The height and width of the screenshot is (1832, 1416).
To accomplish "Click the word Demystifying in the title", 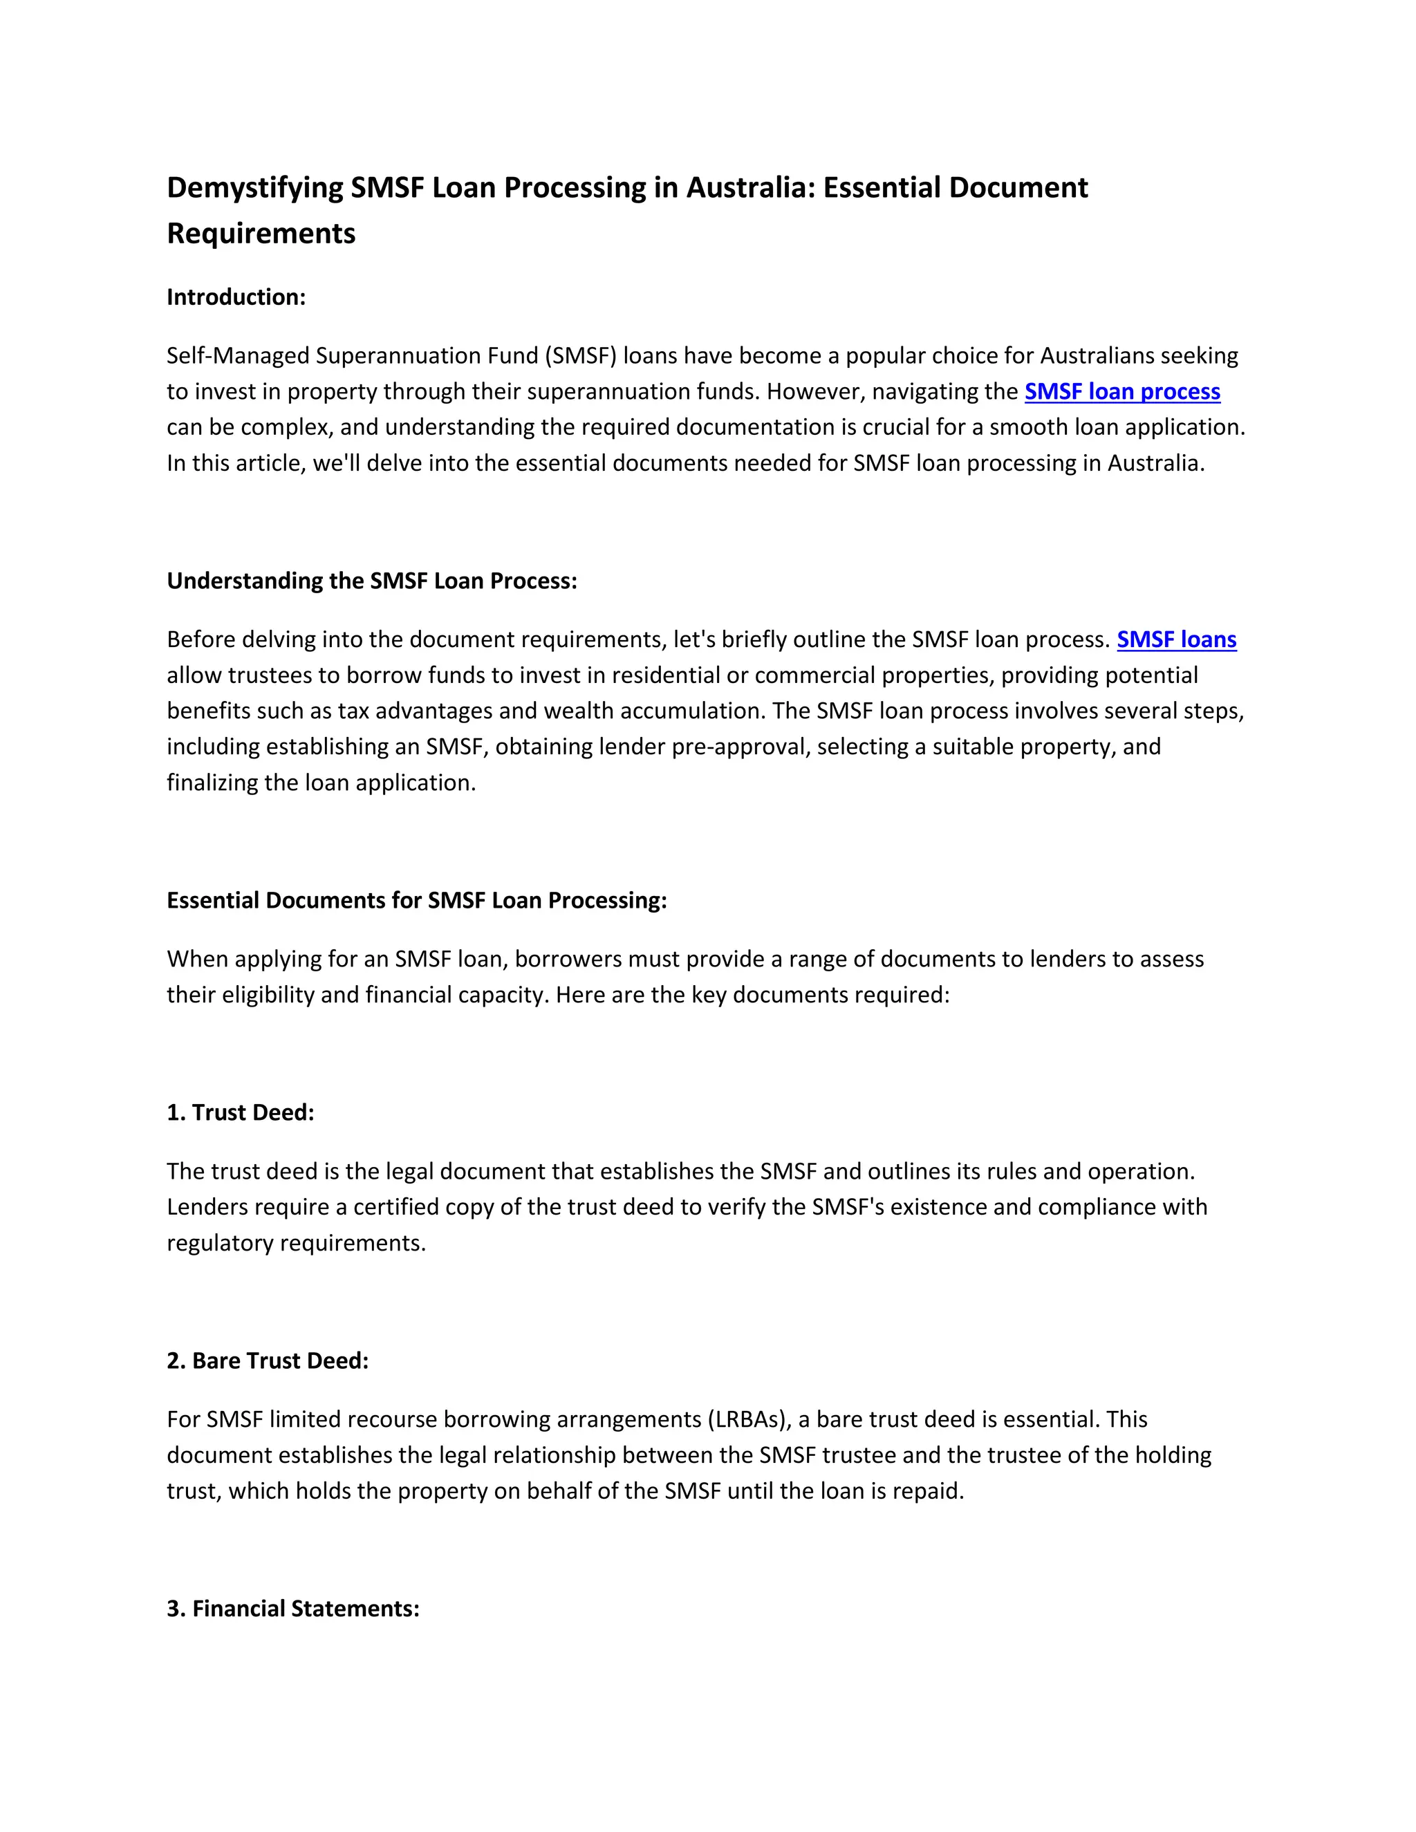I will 255,188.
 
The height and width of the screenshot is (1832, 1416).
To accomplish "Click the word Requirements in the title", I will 261,233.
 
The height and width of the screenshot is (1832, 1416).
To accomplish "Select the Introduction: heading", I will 236,297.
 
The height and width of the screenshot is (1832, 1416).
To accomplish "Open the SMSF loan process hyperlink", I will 1121,392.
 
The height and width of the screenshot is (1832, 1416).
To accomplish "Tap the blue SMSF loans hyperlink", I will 1176,640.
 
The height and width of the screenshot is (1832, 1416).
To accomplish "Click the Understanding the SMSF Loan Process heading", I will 371,581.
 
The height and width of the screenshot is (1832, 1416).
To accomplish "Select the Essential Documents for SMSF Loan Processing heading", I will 416,900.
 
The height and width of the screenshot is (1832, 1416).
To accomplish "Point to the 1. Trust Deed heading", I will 240,1112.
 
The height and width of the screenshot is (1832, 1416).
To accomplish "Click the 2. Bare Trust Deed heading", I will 268,1361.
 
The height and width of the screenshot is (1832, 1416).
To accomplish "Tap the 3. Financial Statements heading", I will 292,1608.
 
